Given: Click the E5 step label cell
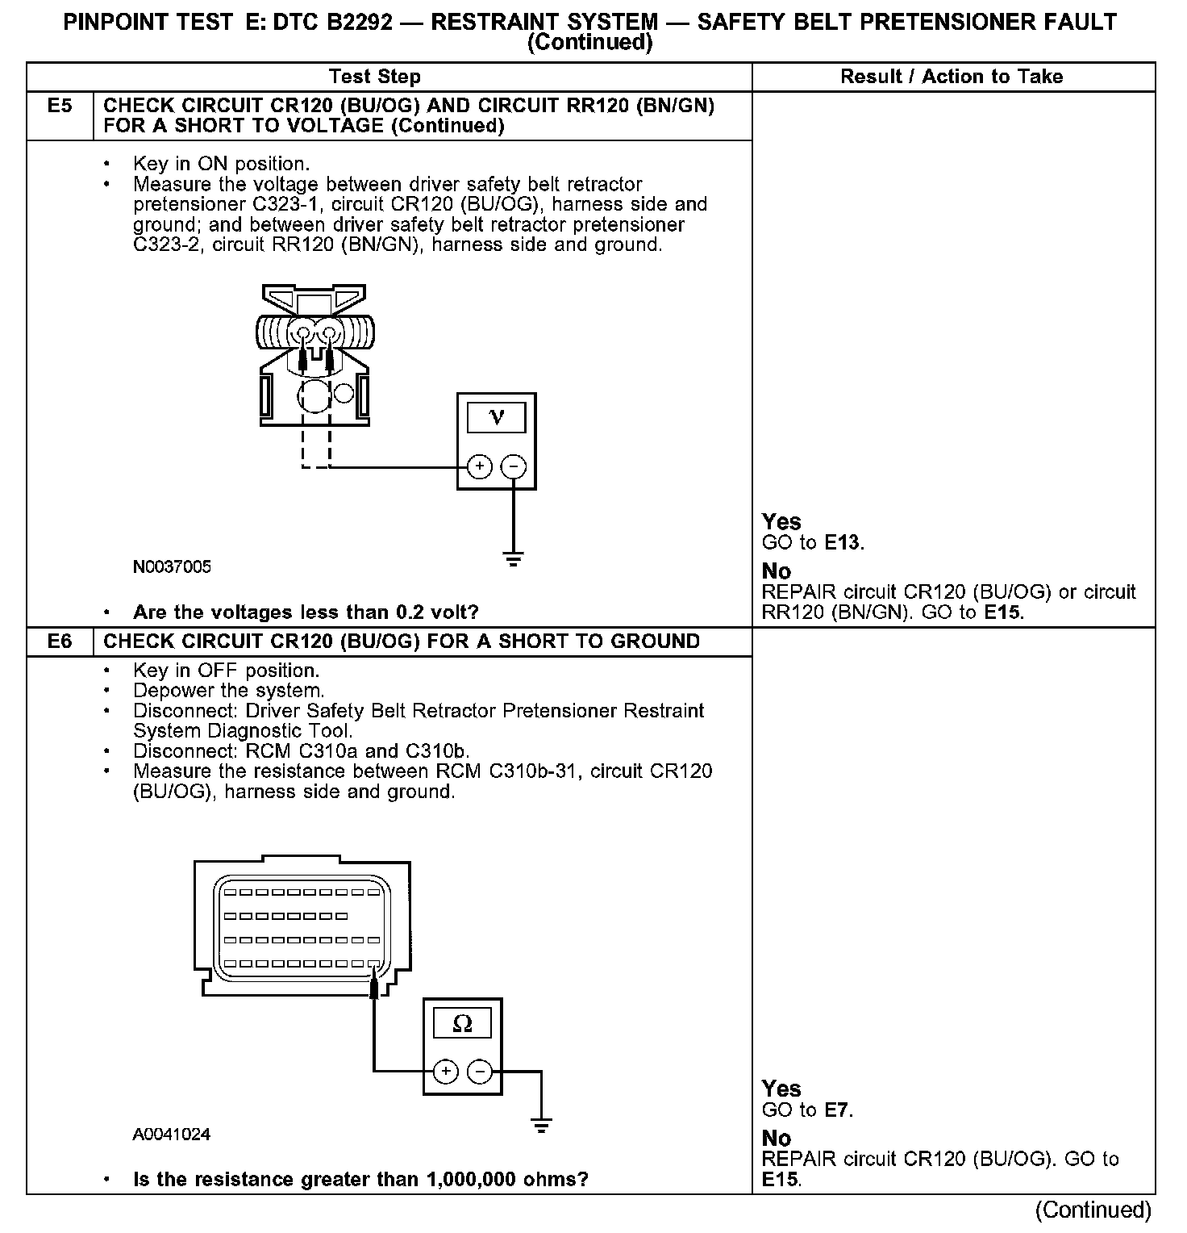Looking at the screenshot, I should point(60,106).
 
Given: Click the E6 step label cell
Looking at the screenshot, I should point(60,642).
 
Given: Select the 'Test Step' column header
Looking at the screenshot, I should point(374,77).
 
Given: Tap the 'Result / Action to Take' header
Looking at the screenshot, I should point(952,77).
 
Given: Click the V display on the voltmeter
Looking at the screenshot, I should point(496,417).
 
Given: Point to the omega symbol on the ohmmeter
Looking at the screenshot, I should point(462,1023).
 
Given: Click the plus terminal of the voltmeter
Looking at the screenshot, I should point(479,466).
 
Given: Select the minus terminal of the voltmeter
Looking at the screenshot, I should point(514,466).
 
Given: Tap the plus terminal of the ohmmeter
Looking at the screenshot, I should point(445,1072).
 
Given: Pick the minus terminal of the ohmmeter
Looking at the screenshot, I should point(480,1072).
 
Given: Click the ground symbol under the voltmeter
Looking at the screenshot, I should point(514,558).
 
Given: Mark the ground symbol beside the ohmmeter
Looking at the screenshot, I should point(541,1125).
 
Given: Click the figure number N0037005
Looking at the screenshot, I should point(172,566).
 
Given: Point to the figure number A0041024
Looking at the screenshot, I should point(172,1134).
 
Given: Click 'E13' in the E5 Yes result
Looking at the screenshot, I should point(843,542).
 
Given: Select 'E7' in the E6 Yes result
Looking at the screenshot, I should point(838,1110).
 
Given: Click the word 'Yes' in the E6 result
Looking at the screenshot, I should point(781,1088).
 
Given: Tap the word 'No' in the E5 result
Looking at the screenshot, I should point(777,571).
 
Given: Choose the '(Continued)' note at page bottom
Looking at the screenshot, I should point(1093,1210).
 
